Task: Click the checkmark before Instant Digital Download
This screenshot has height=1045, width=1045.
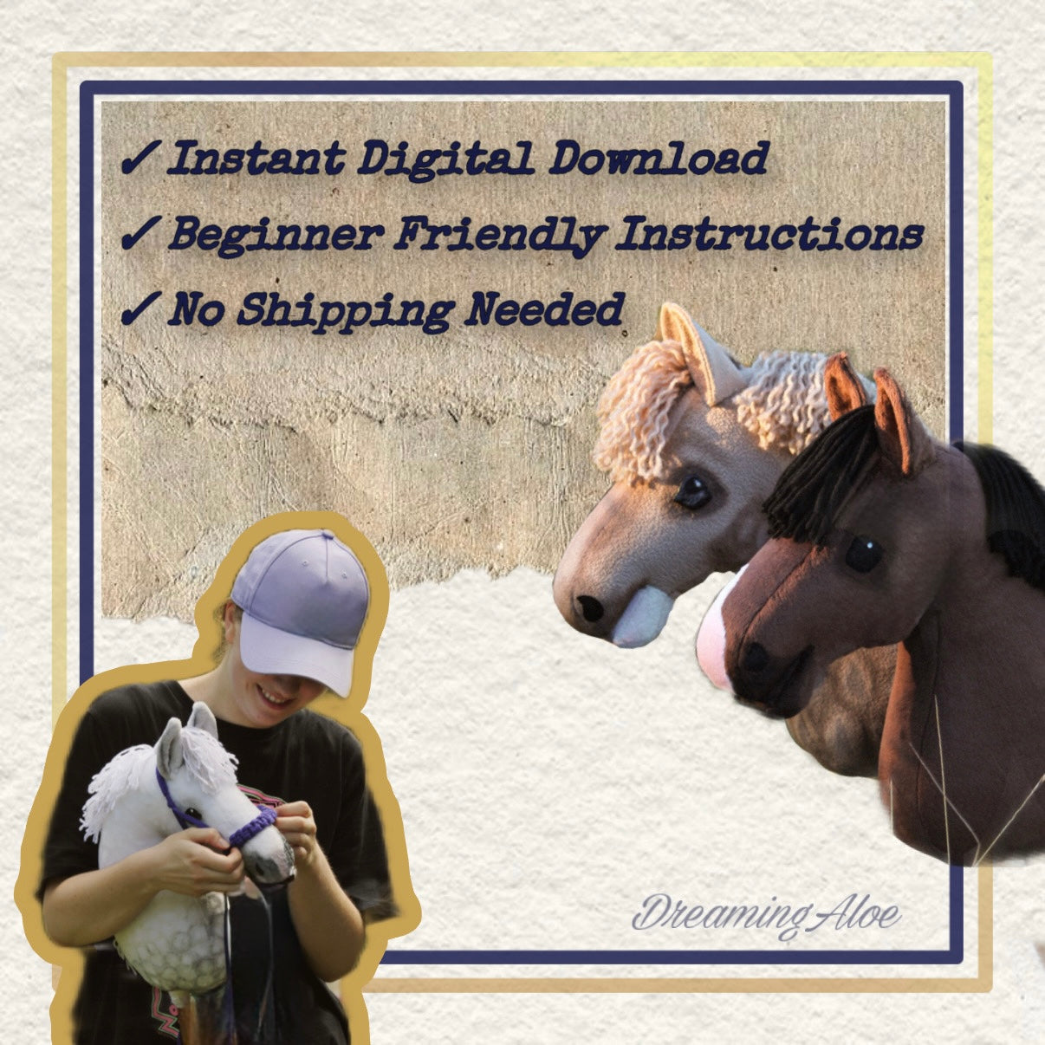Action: [x=140, y=159]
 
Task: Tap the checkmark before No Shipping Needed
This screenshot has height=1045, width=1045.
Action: [x=140, y=309]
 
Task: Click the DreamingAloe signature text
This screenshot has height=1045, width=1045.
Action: [x=766, y=915]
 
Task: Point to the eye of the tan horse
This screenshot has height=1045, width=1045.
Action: [x=692, y=492]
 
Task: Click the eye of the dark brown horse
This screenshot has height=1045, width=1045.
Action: [x=863, y=555]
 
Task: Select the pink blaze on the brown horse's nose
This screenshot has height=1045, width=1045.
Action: [x=714, y=642]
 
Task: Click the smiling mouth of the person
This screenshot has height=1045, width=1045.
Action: [x=276, y=696]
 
